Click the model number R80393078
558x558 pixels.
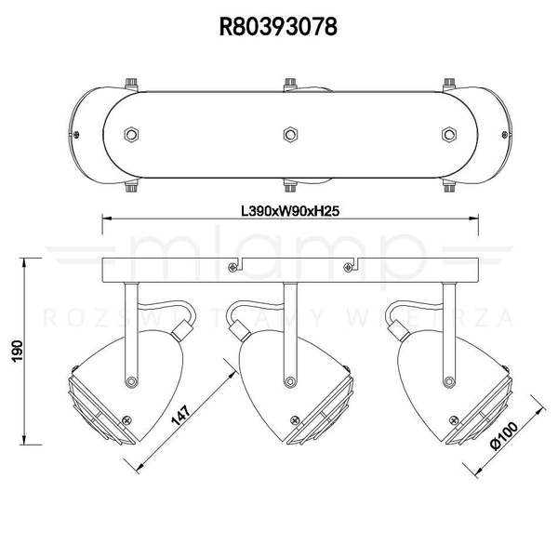click(278, 26)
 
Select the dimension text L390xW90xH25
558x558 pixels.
click(288, 211)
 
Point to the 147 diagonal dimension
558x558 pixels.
click(184, 407)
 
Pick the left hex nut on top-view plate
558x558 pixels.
click(131, 134)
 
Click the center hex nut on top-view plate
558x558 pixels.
click(290, 134)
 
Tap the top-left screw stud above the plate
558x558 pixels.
click(131, 83)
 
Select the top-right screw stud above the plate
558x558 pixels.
click(449, 83)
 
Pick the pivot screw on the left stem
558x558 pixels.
click(134, 379)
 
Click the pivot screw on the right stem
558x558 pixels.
click(450, 379)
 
